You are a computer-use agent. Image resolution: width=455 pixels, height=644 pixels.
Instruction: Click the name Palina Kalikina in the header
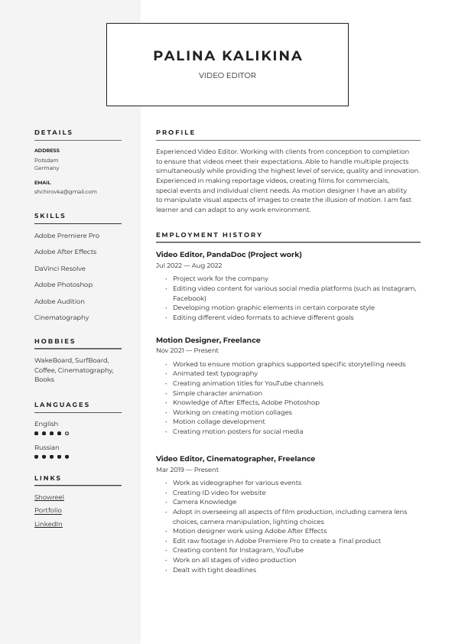(x=227, y=56)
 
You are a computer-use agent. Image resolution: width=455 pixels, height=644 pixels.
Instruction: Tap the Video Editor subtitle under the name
(x=227, y=76)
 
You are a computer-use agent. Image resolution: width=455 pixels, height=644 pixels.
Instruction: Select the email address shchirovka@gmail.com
(x=65, y=192)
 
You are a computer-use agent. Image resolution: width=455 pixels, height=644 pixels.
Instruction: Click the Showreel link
(x=49, y=497)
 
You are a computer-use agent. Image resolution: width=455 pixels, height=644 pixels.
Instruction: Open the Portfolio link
(x=48, y=510)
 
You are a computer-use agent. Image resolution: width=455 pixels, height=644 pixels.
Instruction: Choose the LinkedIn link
(x=48, y=524)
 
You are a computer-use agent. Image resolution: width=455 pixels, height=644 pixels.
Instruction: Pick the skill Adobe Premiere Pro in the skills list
(x=67, y=236)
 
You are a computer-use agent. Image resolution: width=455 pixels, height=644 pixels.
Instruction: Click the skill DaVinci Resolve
(x=60, y=268)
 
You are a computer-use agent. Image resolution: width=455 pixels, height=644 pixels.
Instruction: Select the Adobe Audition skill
(x=60, y=301)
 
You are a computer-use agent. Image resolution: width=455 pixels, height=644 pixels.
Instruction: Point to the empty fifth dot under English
(x=67, y=434)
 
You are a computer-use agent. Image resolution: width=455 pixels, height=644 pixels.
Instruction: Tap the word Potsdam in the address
(x=46, y=161)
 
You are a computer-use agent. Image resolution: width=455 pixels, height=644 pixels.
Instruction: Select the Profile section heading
(x=175, y=132)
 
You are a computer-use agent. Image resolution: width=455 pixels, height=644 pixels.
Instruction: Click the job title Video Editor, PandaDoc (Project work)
(x=229, y=255)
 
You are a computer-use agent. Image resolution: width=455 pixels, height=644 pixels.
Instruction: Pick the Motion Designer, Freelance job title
(x=208, y=340)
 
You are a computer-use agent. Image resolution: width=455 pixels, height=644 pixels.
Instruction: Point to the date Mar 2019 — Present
(x=187, y=470)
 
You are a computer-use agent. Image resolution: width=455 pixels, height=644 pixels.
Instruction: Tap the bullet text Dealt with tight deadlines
(x=214, y=570)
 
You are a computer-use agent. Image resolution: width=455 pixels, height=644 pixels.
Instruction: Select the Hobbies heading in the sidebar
(x=55, y=341)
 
